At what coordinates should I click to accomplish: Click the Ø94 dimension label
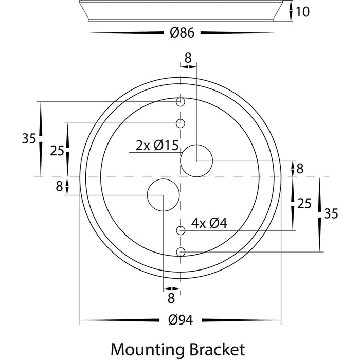[x=180, y=319]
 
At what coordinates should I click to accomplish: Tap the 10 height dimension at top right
[x=303, y=11]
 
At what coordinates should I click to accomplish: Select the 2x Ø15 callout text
[x=157, y=146]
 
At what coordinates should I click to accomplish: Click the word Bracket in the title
[x=219, y=349]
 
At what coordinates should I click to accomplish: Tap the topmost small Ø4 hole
[x=181, y=102]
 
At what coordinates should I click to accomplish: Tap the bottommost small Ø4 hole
[x=181, y=251]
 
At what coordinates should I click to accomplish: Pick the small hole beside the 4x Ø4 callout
[x=181, y=231]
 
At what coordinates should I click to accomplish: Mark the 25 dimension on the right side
[x=304, y=204]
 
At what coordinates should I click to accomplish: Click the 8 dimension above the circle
[x=188, y=58]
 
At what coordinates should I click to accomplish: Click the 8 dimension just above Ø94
[x=171, y=297]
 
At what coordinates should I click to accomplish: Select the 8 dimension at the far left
[x=59, y=185]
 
